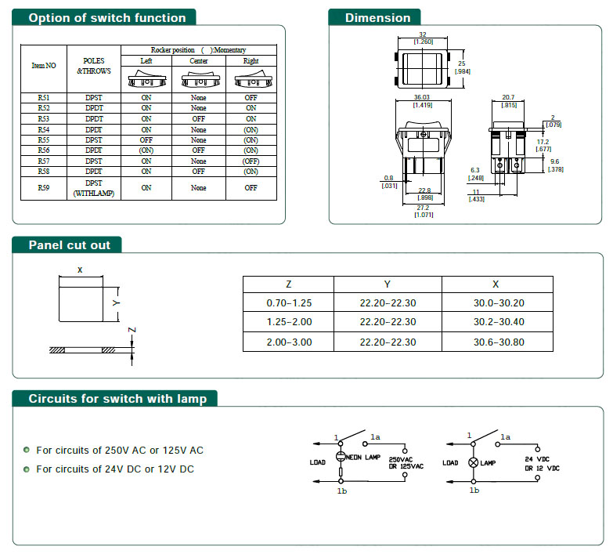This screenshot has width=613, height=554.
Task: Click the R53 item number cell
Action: coord(43,119)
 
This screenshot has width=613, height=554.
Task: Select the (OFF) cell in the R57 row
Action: coord(251,161)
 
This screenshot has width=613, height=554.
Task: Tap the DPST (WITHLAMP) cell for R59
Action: coord(94,188)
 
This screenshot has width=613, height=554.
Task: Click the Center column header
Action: coord(199,60)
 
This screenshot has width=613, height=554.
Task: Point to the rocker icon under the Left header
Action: coord(146,78)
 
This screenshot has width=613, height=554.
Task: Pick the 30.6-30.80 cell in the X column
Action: coord(499,342)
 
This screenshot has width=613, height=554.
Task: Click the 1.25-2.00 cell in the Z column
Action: coord(289,321)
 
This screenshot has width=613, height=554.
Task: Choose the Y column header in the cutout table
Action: coord(387,284)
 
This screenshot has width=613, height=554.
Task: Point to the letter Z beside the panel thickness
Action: coord(132,330)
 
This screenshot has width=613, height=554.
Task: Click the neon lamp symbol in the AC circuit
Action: coord(341,456)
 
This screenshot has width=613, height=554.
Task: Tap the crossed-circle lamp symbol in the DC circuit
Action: coord(474,462)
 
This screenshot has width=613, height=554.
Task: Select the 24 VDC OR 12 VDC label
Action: coord(542,464)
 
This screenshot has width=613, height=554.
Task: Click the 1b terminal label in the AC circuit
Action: coord(341,491)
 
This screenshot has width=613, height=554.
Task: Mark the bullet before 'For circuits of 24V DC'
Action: coord(27,469)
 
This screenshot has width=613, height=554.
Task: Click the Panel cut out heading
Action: coord(69,245)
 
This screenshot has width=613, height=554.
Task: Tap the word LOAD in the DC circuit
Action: coord(450,463)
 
